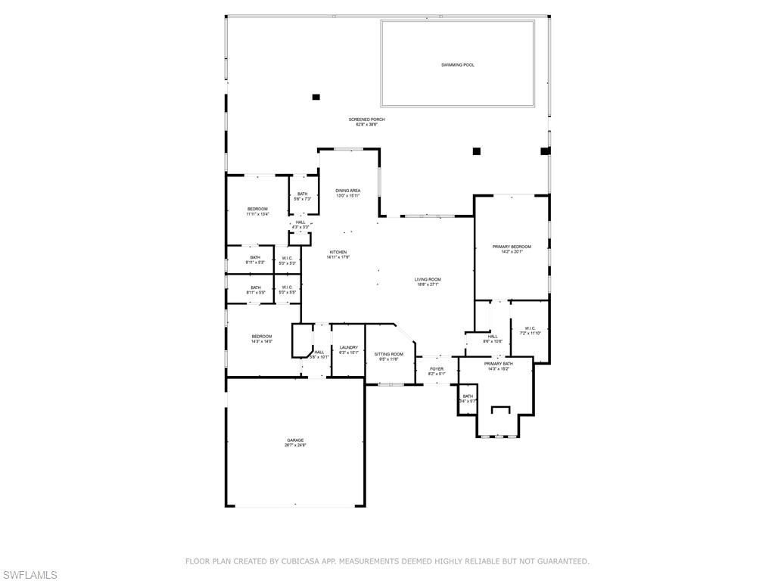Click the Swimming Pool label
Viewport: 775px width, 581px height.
click(458, 65)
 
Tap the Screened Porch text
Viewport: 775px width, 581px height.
click(366, 120)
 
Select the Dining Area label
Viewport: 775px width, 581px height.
click(348, 191)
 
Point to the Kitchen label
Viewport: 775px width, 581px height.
click(338, 252)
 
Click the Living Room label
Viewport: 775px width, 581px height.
click(427, 280)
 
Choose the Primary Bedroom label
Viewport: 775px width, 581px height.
click(512, 247)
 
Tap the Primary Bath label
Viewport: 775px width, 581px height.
click(498, 364)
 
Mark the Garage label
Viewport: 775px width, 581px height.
click(295, 440)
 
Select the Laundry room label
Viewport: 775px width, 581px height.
click(348, 348)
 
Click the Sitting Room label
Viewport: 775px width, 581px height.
click(389, 354)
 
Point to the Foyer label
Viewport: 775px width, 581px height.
click(437, 369)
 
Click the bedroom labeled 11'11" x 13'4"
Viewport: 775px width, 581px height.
click(257, 209)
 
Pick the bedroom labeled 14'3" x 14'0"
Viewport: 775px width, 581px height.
click(262, 337)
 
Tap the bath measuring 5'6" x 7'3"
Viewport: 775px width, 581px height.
click(302, 194)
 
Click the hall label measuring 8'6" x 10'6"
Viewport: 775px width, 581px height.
click(493, 337)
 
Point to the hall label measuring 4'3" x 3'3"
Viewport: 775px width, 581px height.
click(300, 222)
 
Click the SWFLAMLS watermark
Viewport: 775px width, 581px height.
click(29, 575)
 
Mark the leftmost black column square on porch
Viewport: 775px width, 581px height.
click(316, 97)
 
